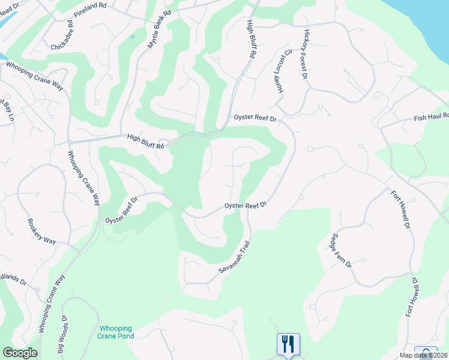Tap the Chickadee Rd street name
62,35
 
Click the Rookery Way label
41,232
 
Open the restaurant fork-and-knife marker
288,344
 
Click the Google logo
20,353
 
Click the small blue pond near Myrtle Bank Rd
131,37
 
